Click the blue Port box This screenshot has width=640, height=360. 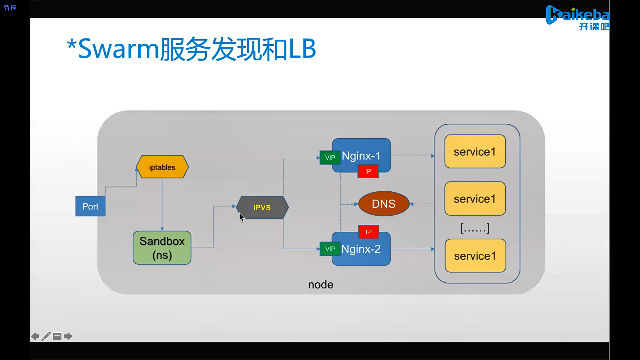point(90,206)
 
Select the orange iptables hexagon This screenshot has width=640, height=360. point(162,167)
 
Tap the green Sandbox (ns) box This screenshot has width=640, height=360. point(162,248)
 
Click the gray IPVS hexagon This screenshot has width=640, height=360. point(262,207)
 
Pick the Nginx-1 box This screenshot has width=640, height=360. point(361,155)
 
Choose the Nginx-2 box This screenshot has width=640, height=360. point(361,249)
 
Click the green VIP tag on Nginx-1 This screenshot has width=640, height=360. point(330,158)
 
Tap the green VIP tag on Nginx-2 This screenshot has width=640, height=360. point(330,249)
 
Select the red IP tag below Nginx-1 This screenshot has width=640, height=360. point(368,171)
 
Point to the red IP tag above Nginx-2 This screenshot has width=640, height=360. point(368,232)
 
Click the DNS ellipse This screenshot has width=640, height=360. point(384,204)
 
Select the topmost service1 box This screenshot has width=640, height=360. point(475,152)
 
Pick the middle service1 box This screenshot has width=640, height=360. point(475,199)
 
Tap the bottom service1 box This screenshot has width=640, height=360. point(475,256)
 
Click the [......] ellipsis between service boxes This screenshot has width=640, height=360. point(475,228)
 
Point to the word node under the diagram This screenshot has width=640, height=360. point(321,285)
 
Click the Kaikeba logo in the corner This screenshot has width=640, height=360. point(578,18)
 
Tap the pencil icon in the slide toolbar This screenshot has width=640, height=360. point(46,336)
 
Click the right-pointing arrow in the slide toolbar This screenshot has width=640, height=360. point(68,336)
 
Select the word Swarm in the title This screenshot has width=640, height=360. point(118,49)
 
